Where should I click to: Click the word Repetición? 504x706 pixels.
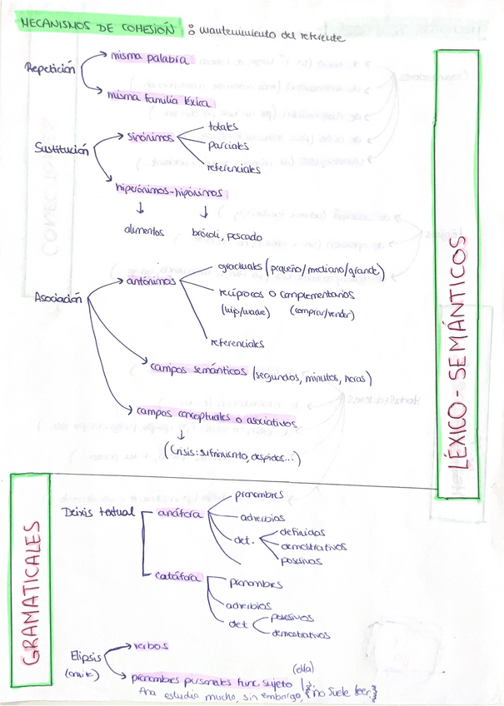pos(50,69)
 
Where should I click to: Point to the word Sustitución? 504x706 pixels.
pos(61,148)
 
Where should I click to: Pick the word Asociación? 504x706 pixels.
pos(58,299)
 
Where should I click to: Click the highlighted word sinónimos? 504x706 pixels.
pos(151,137)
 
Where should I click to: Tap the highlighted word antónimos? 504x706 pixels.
pos(151,281)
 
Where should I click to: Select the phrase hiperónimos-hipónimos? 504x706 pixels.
pos(170,191)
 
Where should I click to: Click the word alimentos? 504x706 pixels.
pos(143,231)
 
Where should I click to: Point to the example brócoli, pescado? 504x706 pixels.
pos(227,236)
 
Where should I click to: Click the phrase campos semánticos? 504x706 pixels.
pos(197,370)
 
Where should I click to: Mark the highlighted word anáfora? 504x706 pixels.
pos(179,514)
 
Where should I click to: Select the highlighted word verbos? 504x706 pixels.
pos(151,645)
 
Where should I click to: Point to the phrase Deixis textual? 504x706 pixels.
pos(97,511)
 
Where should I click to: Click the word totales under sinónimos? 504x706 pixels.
pos(223,127)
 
